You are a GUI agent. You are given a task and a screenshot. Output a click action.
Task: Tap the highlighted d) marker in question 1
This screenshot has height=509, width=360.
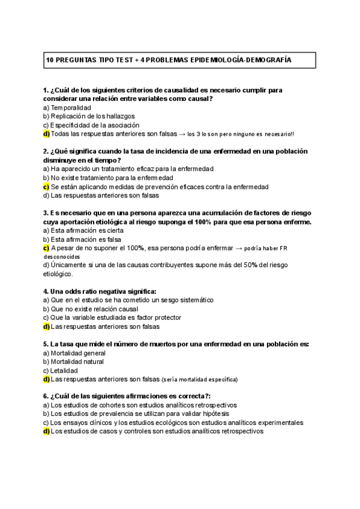coord(46,133)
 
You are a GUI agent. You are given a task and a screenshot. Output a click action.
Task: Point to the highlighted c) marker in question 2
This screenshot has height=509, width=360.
coord(46,187)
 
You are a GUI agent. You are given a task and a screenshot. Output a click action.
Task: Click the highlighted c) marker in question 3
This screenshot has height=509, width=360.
coord(46,248)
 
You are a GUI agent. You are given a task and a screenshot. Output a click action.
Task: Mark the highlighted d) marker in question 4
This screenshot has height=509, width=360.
coord(46,327)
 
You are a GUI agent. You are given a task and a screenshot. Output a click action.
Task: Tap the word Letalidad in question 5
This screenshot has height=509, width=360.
coord(64,370)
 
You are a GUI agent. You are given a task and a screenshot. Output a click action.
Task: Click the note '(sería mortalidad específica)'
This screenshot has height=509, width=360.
coord(199,379)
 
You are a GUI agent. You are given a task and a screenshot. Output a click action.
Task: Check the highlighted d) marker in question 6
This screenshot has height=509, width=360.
coord(46,432)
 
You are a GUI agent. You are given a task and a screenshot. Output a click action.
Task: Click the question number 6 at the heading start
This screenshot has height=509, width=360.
coord(46,396)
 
